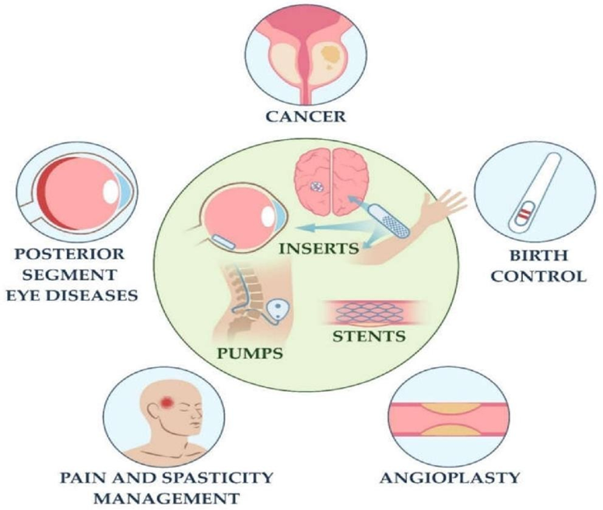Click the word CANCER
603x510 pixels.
[x=302, y=118]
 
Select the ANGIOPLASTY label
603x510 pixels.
[x=448, y=476]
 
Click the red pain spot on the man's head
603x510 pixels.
[x=168, y=402]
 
